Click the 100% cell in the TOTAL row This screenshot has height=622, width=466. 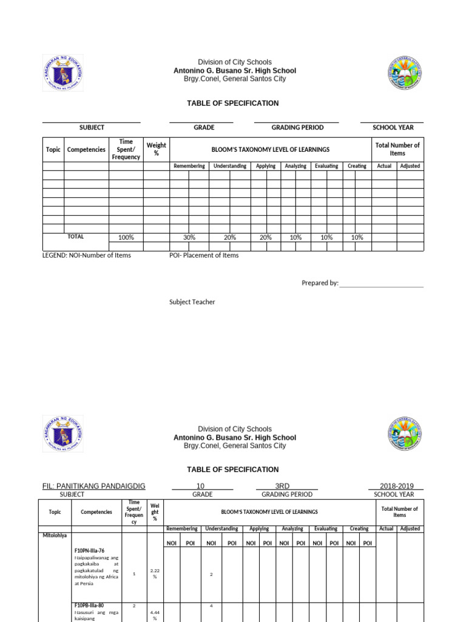pyautogui.click(x=126, y=238)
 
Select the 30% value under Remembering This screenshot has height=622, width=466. pyautogui.click(x=189, y=238)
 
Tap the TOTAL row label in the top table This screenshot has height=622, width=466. pyautogui.click(x=76, y=237)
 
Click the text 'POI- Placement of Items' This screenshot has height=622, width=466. pyautogui.click(x=204, y=255)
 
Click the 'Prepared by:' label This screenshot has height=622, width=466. pyautogui.click(x=320, y=283)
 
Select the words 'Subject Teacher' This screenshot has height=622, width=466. pyautogui.click(x=192, y=302)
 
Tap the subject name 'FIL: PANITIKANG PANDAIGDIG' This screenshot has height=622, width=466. pyautogui.click(x=94, y=486)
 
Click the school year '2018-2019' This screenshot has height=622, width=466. pyautogui.click(x=396, y=486)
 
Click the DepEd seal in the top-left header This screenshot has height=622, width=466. pyautogui.click(x=62, y=73)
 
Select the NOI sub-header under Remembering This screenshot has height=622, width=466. pyautogui.click(x=172, y=543)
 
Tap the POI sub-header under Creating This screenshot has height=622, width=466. pyautogui.click(x=366, y=543)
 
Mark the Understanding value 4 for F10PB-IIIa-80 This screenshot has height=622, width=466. pyautogui.click(x=211, y=606)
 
